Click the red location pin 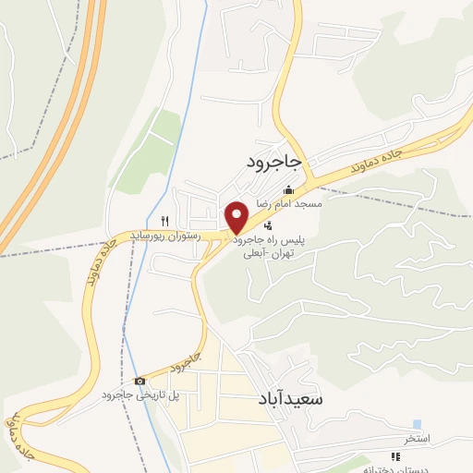tap(237, 216)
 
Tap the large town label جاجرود tap(274, 162)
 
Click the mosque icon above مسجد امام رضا tap(288, 190)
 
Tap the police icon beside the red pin tap(268, 226)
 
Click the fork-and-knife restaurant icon tap(164, 220)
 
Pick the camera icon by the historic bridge tap(139, 381)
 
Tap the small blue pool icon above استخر tap(417, 423)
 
